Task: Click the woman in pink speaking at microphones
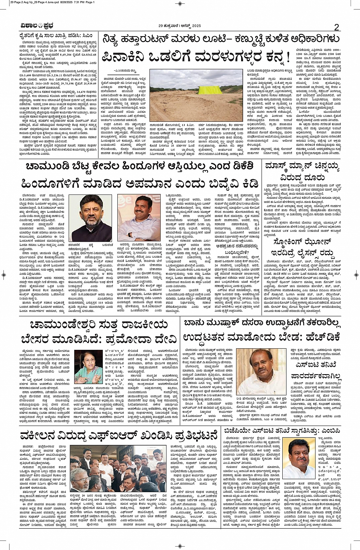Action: click(88, 366)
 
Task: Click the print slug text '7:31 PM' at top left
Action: click(69, 2)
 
